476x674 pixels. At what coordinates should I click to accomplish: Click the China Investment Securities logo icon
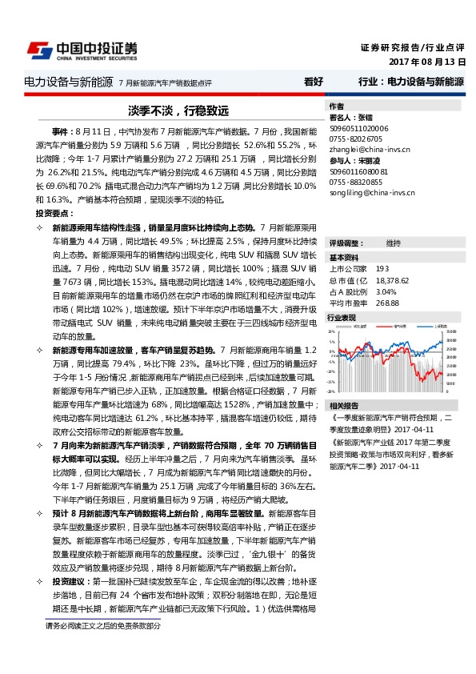[37, 50]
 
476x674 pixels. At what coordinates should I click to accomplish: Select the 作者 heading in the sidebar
[337, 106]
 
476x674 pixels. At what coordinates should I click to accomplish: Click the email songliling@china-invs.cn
[372, 193]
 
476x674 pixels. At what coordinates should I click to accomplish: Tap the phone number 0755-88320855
[357, 182]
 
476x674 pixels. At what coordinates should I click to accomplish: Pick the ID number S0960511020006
[359, 127]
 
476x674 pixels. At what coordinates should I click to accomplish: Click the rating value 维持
[394, 243]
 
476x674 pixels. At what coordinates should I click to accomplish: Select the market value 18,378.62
[392, 281]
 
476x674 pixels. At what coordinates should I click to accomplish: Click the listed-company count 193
[382, 270]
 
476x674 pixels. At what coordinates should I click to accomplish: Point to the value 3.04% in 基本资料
[386, 291]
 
